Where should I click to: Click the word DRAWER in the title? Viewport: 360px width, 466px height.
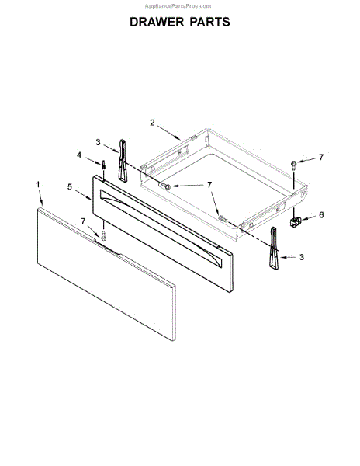coord(156,22)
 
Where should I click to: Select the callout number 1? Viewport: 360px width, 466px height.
coord(37,184)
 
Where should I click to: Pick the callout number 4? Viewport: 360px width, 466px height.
coord(79,156)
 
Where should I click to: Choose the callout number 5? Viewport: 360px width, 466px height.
coord(70,187)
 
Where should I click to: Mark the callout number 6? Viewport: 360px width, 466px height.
coord(321,215)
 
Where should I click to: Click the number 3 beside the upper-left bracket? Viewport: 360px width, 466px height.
coord(99,142)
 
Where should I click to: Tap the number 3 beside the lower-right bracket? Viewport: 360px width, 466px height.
coord(302,256)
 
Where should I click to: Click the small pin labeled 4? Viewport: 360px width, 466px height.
coord(103,166)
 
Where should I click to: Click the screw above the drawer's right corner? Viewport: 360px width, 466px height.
coord(295,165)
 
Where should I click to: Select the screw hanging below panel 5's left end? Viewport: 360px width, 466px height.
coord(103,232)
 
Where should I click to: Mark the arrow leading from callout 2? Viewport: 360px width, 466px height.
coord(170,132)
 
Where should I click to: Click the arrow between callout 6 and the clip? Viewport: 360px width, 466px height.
coord(309,218)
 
